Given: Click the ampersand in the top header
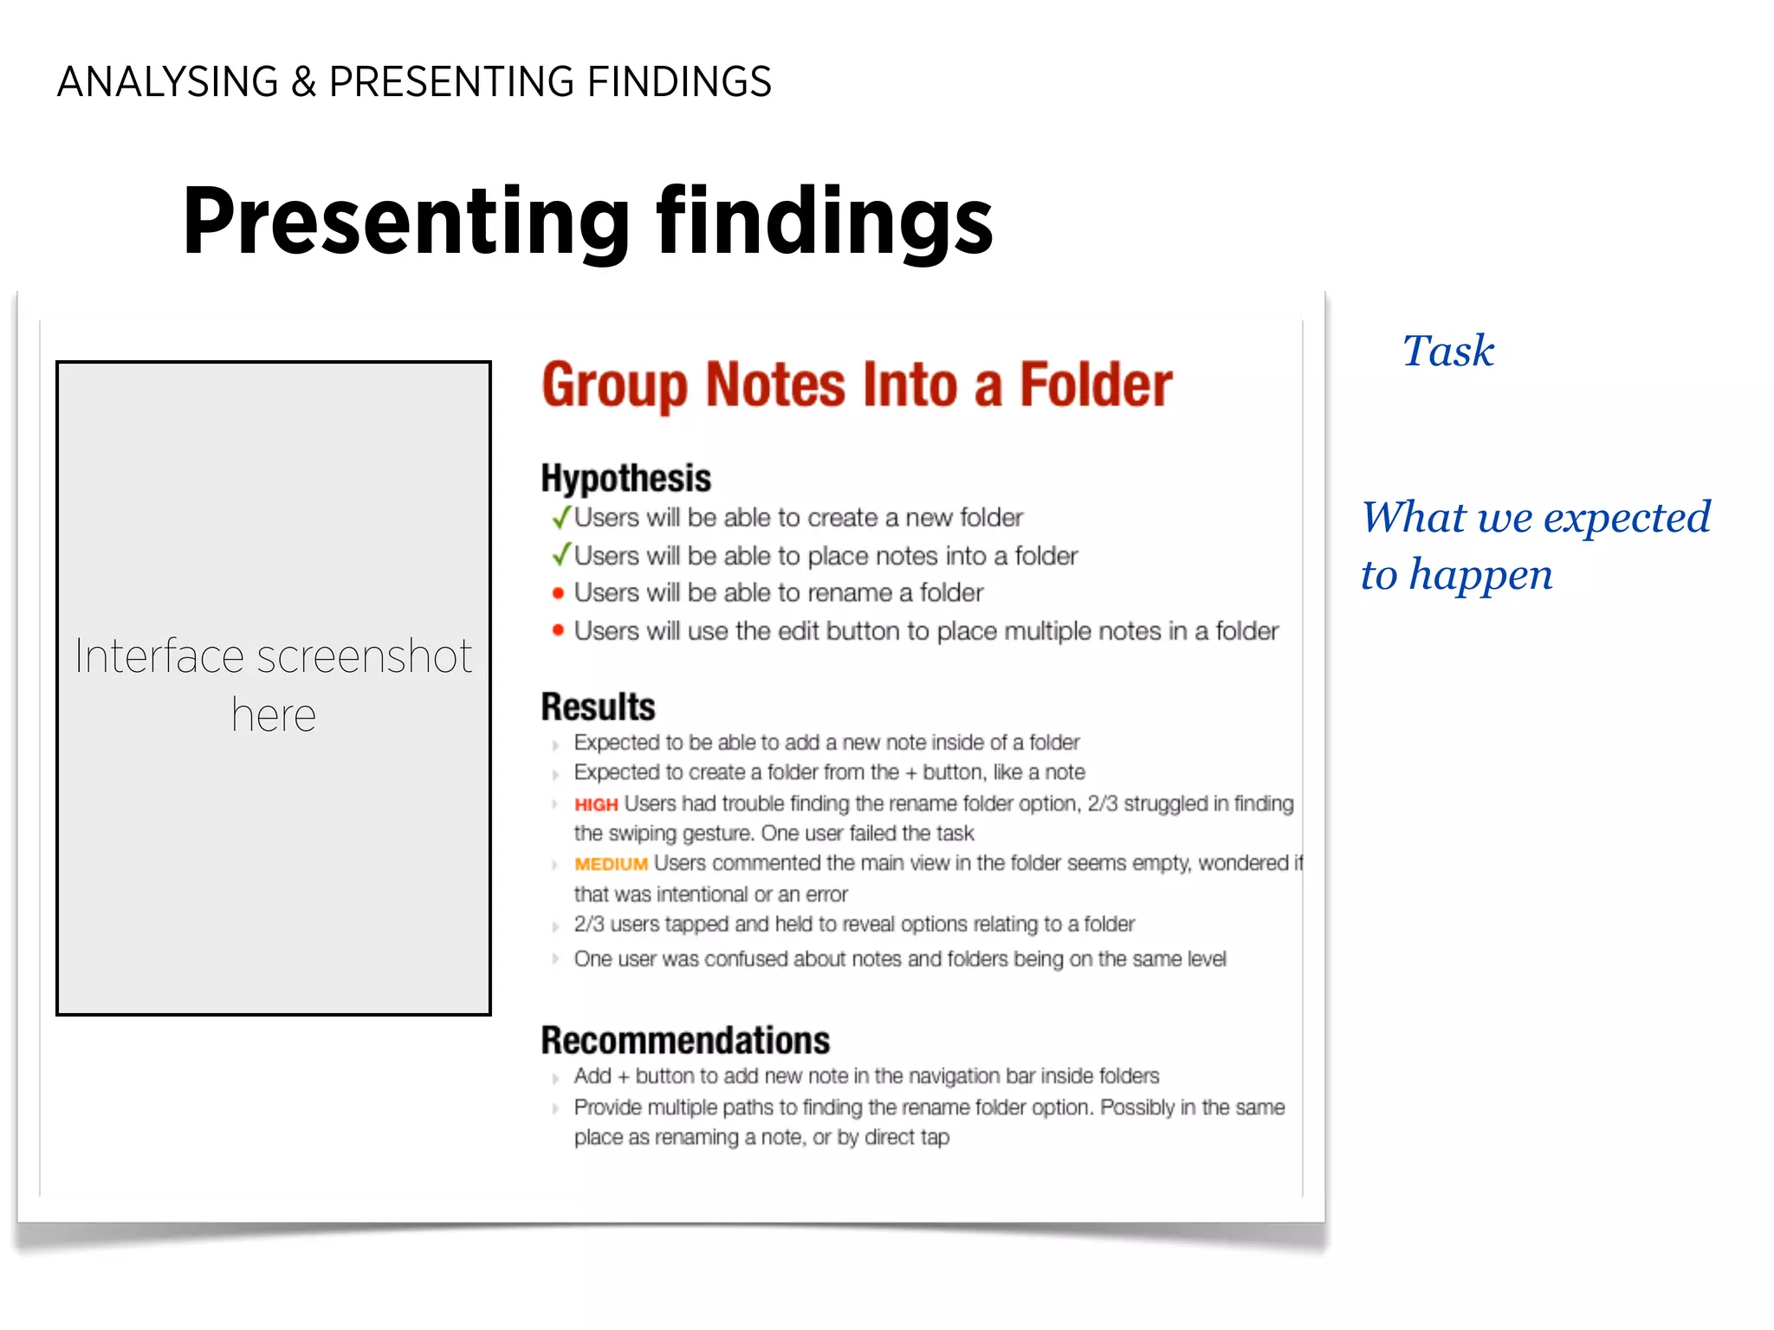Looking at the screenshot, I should pos(303,83).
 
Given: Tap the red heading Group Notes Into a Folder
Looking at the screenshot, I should pos(857,385).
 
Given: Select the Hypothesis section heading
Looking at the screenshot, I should pos(625,479).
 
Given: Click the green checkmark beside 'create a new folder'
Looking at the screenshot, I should pos(561,517).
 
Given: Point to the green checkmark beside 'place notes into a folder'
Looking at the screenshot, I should pos(561,554).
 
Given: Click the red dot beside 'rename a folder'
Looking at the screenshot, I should pos(559,593).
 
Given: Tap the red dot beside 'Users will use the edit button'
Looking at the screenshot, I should pos(559,630).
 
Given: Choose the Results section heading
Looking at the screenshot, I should pos(598,707).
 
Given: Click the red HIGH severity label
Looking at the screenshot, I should pos(596,805).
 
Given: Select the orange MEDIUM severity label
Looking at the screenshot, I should pos(611,864).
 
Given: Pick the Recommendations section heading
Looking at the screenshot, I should pos(685,1041).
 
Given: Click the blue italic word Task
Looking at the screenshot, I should pos(1448,352).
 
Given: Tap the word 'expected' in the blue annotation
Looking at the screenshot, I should pos(1626,518).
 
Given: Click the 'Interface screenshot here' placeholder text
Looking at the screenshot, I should pos(274,684).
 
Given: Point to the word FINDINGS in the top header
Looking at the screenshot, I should pos(679,83).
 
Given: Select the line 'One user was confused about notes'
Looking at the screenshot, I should pos(899,959).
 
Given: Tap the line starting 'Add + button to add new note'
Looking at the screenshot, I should pos(866,1076).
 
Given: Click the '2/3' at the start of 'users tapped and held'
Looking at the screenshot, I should pos(589,925).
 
